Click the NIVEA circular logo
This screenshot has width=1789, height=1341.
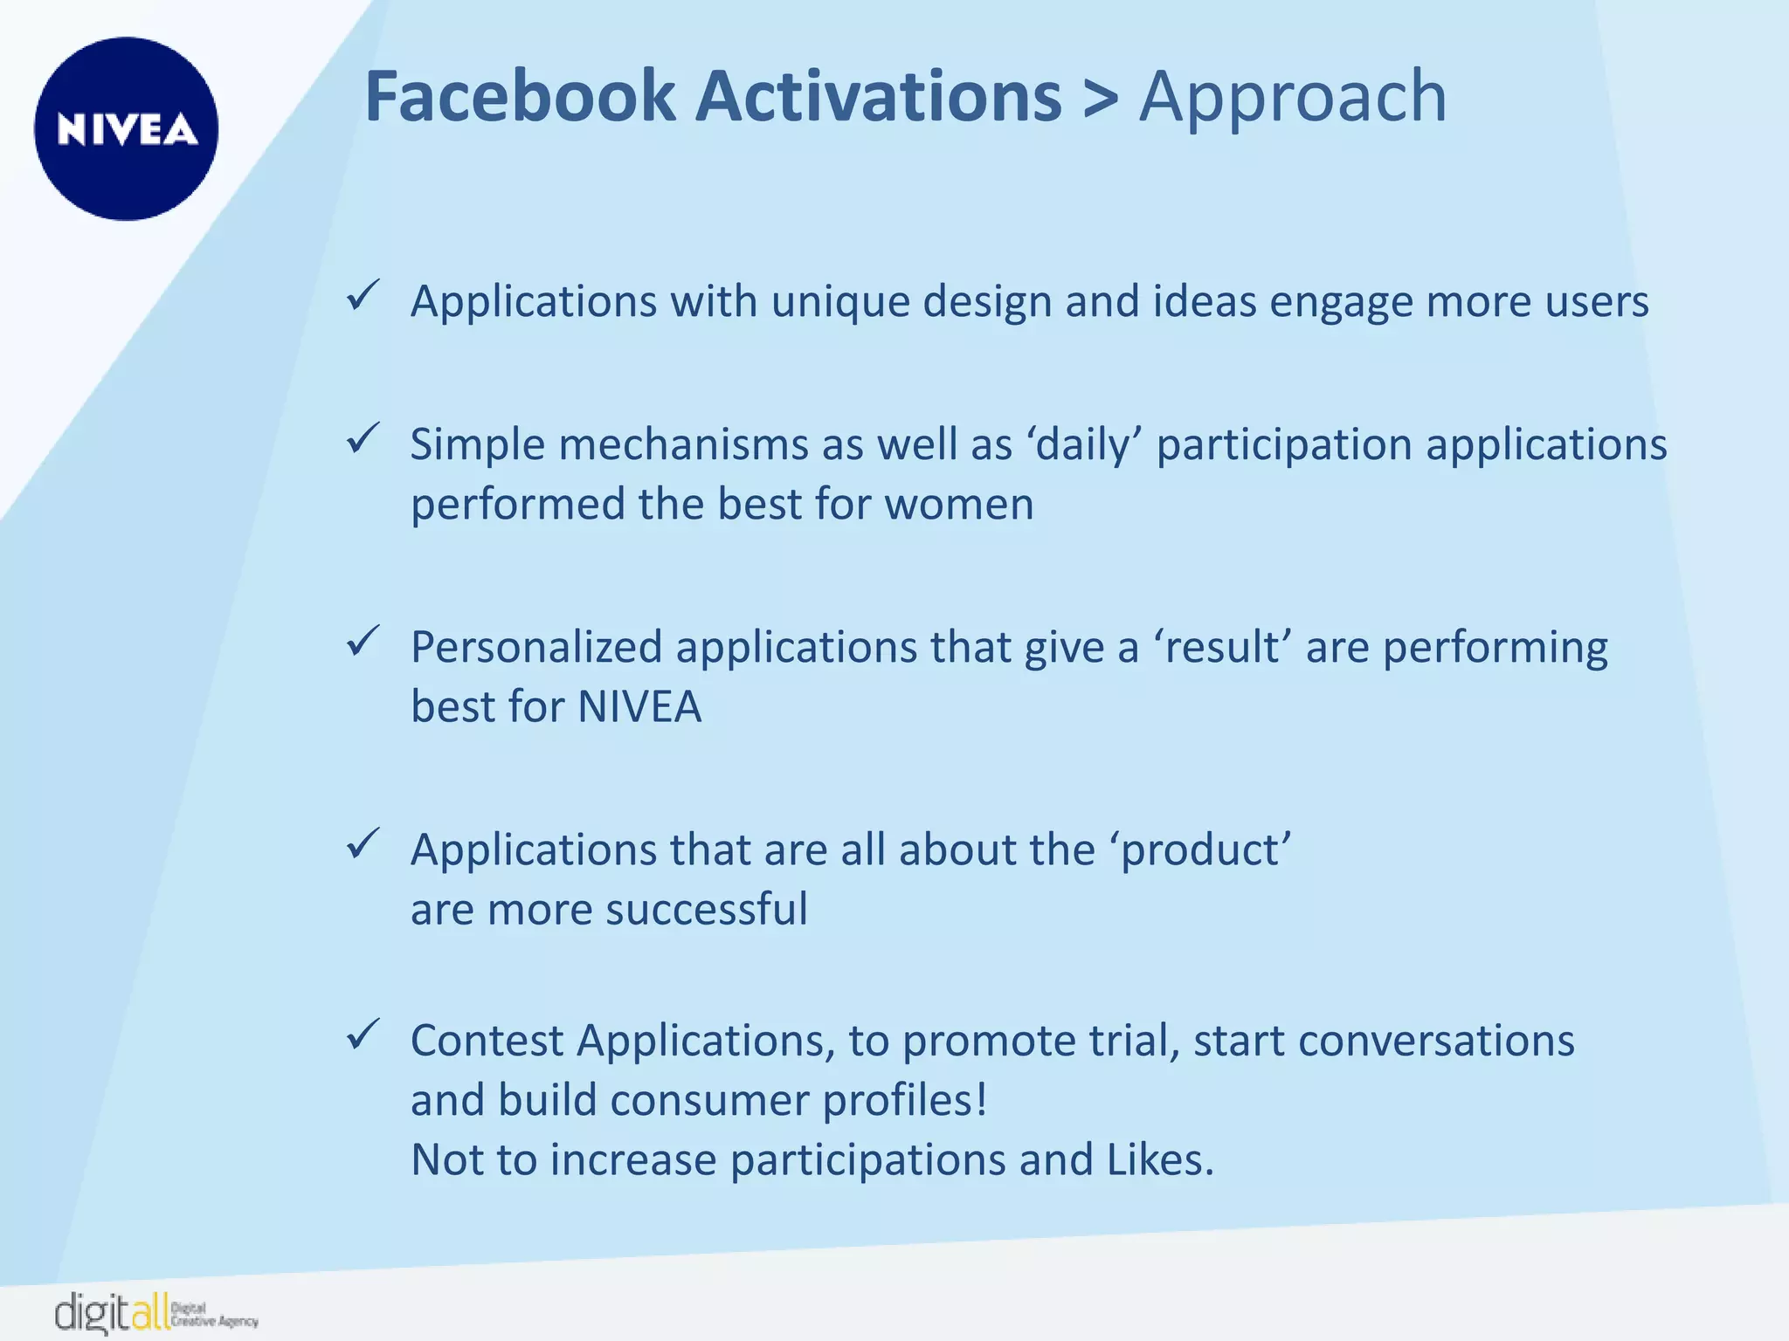coord(127,128)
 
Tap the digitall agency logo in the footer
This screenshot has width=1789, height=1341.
coord(155,1312)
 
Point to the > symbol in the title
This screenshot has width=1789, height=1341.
coord(1100,98)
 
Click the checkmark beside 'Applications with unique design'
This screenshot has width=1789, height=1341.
coord(362,296)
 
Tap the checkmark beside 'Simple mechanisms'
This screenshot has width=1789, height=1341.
coord(362,438)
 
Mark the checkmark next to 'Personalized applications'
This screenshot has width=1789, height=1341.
coord(362,642)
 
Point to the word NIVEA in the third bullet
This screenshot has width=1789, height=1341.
coord(639,707)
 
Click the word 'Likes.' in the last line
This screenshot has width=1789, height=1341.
coord(1160,1160)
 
